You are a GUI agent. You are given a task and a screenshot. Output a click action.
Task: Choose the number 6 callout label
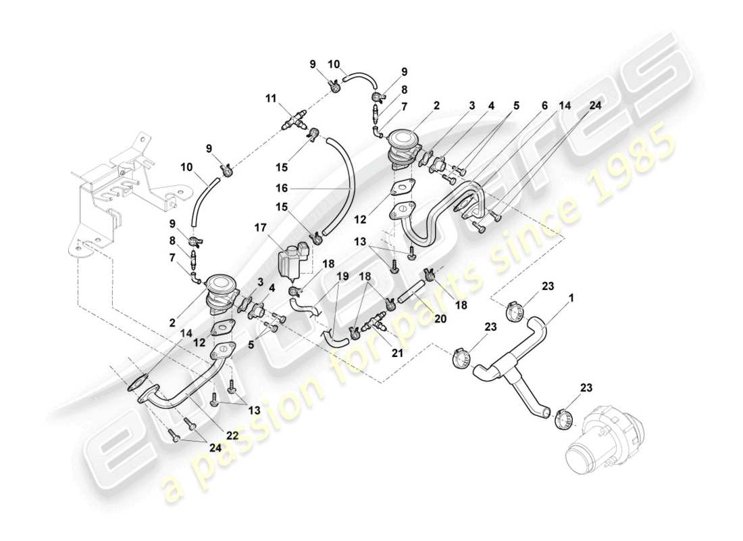(544, 105)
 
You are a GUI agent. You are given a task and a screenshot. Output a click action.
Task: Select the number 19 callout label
(342, 276)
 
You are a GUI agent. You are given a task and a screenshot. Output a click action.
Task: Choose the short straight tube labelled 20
(412, 295)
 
